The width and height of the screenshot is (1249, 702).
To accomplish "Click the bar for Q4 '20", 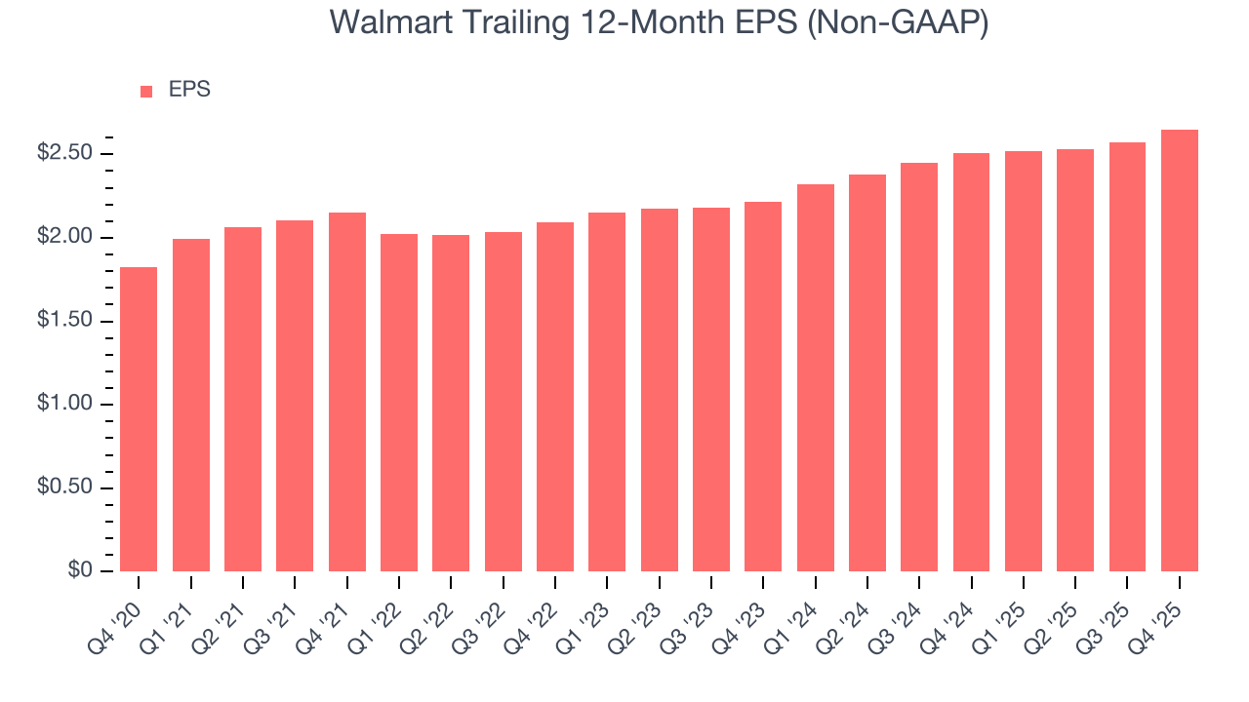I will pyautogui.click(x=139, y=419).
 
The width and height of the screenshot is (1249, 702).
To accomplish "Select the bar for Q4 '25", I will pyautogui.click(x=1180, y=351).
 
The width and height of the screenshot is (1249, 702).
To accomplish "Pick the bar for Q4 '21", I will pyautogui.click(x=346, y=392).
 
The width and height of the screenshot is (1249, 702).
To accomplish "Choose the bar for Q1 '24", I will pyautogui.click(x=815, y=378).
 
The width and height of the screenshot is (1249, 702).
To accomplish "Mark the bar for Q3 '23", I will pyautogui.click(x=711, y=390).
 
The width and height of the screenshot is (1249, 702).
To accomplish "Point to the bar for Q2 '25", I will pyautogui.click(x=1075, y=361).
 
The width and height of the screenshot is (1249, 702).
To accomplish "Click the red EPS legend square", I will pyautogui.click(x=146, y=91).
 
